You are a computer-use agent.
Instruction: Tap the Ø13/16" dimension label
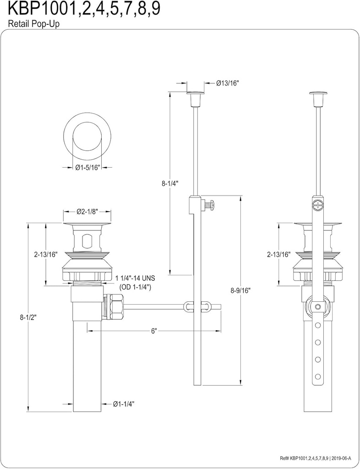coord(228,83)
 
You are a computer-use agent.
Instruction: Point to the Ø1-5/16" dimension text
coord(87,168)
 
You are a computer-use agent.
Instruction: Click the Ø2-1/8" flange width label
coord(87,212)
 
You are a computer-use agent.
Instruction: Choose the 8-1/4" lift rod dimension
coord(170,183)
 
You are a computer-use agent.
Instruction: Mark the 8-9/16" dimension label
coord(241,290)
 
